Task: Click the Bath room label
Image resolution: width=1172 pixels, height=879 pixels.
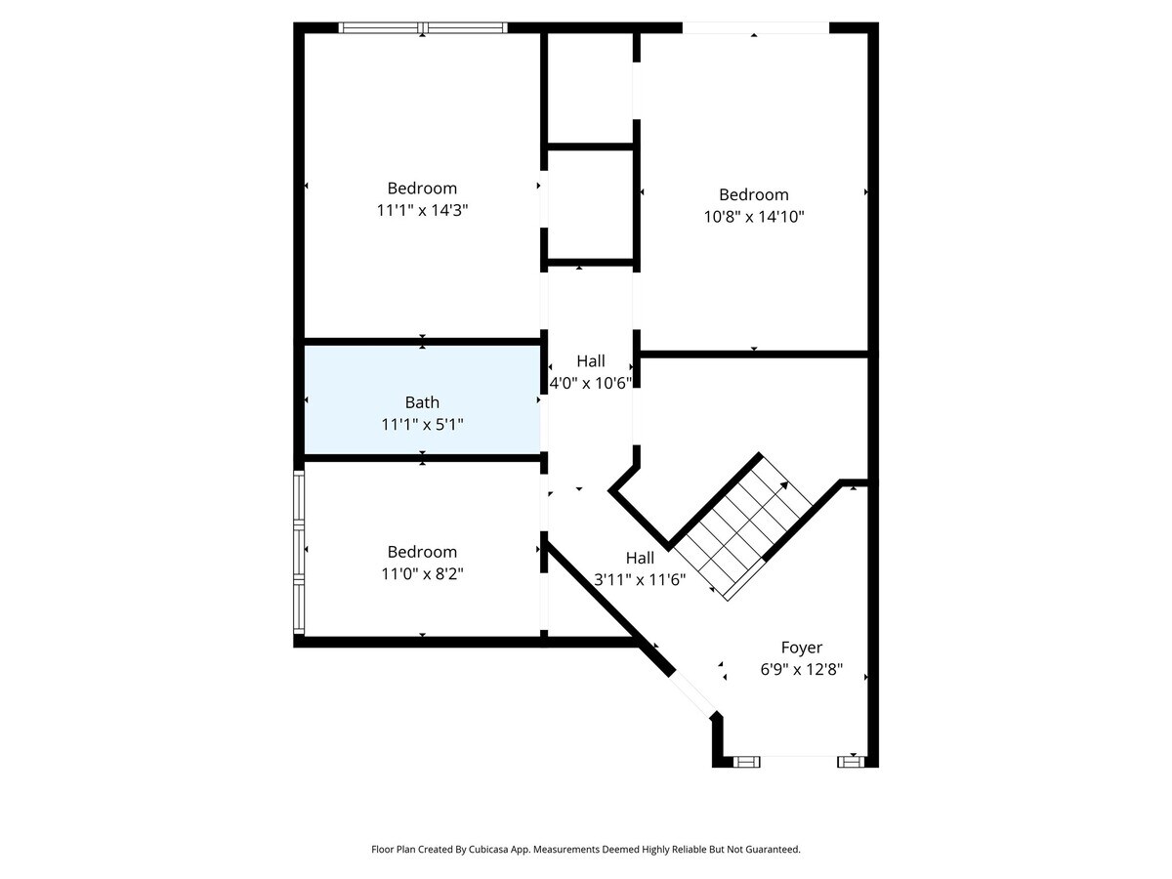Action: point(422,401)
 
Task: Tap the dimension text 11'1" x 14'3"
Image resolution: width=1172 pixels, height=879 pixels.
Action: point(422,210)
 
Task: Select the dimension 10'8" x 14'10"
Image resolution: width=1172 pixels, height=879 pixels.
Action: point(753,217)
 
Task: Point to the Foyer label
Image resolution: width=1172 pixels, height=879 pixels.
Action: point(801,648)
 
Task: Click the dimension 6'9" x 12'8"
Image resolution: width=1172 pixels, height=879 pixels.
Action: point(801,669)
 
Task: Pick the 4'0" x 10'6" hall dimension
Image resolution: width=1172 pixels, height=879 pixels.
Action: point(591,383)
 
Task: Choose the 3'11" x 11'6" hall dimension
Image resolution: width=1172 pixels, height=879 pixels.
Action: point(640,579)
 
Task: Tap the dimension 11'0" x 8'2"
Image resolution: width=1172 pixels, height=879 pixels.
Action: point(422,573)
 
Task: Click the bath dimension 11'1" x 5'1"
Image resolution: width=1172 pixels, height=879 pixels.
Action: point(422,424)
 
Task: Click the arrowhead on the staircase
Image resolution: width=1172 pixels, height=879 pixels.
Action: point(784,485)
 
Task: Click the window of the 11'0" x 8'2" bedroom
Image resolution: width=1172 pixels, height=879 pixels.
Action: point(299,553)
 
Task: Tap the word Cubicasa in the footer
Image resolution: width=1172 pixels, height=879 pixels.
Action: point(488,849)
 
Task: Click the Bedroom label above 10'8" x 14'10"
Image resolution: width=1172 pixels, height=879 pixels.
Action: point(753,194)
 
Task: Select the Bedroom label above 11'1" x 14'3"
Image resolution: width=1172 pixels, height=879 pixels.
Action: point(422,188)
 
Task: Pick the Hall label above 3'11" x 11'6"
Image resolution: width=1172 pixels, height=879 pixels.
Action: point(640,558)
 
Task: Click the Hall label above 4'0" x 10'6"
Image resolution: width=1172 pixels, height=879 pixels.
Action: point(591,360)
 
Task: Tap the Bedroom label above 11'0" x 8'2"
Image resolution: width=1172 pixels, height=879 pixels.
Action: point(422,551)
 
